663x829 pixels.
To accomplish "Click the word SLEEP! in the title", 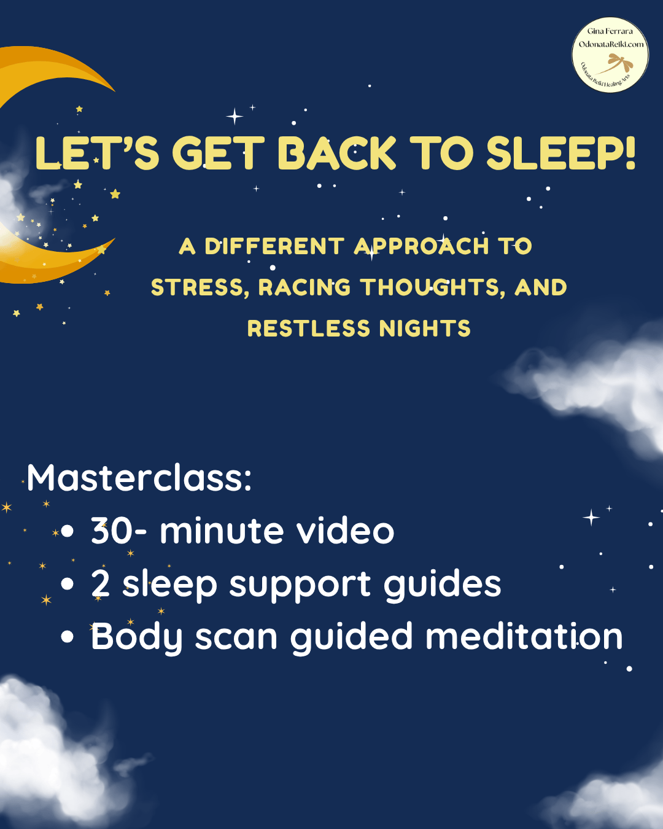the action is coord(560,154).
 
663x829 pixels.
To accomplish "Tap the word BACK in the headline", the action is coord(336,154).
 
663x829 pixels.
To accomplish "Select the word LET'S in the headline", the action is coord(97,154).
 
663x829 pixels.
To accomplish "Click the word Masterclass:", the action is coord(139,478).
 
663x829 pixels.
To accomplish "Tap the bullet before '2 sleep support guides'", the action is coord(67,584).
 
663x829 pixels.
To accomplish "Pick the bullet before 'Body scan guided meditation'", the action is coord(67,637).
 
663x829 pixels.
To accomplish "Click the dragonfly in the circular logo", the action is coord(617,64).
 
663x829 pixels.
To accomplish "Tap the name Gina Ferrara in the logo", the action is coord(610,31).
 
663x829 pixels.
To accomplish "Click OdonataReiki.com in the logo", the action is coord(611,44).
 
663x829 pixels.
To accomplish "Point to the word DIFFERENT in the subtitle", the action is coord(274,246).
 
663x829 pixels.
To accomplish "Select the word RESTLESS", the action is coord(309,329).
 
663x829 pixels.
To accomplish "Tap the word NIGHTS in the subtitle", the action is coord(425,329).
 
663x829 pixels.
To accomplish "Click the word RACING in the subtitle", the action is coord(304,287).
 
